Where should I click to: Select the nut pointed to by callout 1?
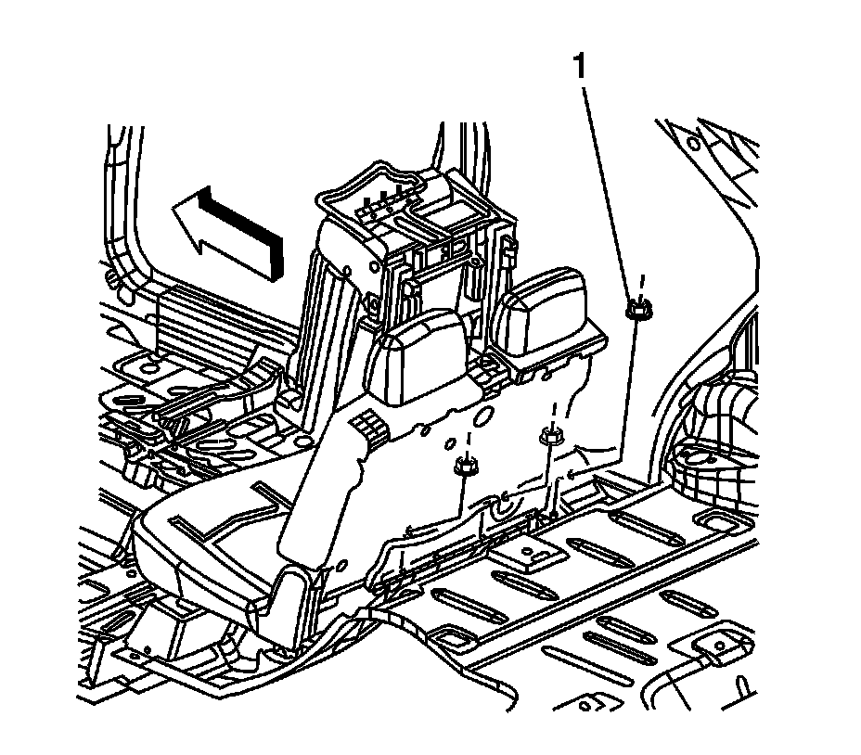click(x=637, y=310)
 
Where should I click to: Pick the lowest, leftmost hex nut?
click(x=466, y=467)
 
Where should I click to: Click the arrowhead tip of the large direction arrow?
click(x=173, y=206)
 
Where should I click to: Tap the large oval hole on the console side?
click(x=482, y=416)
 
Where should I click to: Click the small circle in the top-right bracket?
click(x=693, y=145)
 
